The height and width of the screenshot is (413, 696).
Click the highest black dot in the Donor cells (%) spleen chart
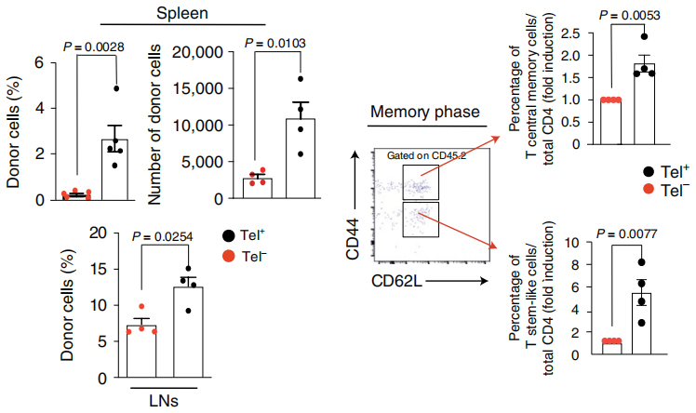tap(117, 88)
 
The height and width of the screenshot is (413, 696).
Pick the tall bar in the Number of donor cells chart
tap(300, 158)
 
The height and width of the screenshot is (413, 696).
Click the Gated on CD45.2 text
tap(426, 155)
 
